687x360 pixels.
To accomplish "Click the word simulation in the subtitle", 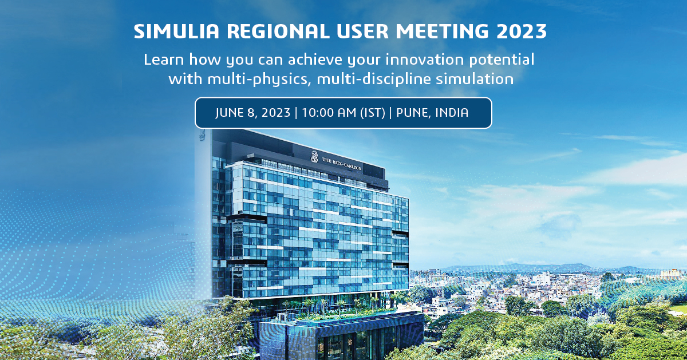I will tap(472, 78).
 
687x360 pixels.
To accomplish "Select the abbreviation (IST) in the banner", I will tap(371, 113).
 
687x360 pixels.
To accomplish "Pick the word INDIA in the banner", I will tap(452, 113).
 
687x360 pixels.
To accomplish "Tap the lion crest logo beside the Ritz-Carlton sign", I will tap(314, 156).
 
